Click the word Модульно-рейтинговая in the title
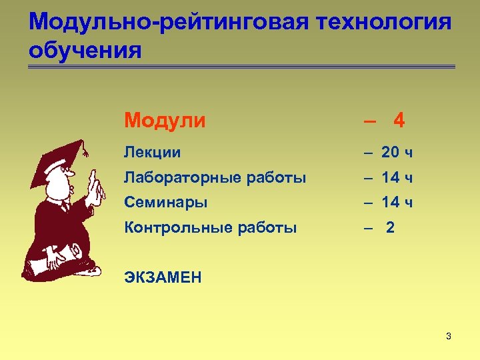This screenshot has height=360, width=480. (x=169, y=22)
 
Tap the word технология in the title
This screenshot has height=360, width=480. (x=385, y=22)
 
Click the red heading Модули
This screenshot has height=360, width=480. (x=165, y=121)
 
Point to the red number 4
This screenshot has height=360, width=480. (x=399, y=121)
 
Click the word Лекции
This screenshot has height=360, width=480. (x=152, y=153)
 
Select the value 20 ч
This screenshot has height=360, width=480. (x=397, y=153)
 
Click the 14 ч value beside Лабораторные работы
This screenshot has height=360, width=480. (x=397, y=178)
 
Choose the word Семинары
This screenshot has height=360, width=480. (x=165, y=202)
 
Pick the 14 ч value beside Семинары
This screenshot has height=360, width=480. (x=397, y=202)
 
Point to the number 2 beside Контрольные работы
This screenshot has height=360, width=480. (x=390, y=227)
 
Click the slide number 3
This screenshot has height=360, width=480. (x=449, y=336)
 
